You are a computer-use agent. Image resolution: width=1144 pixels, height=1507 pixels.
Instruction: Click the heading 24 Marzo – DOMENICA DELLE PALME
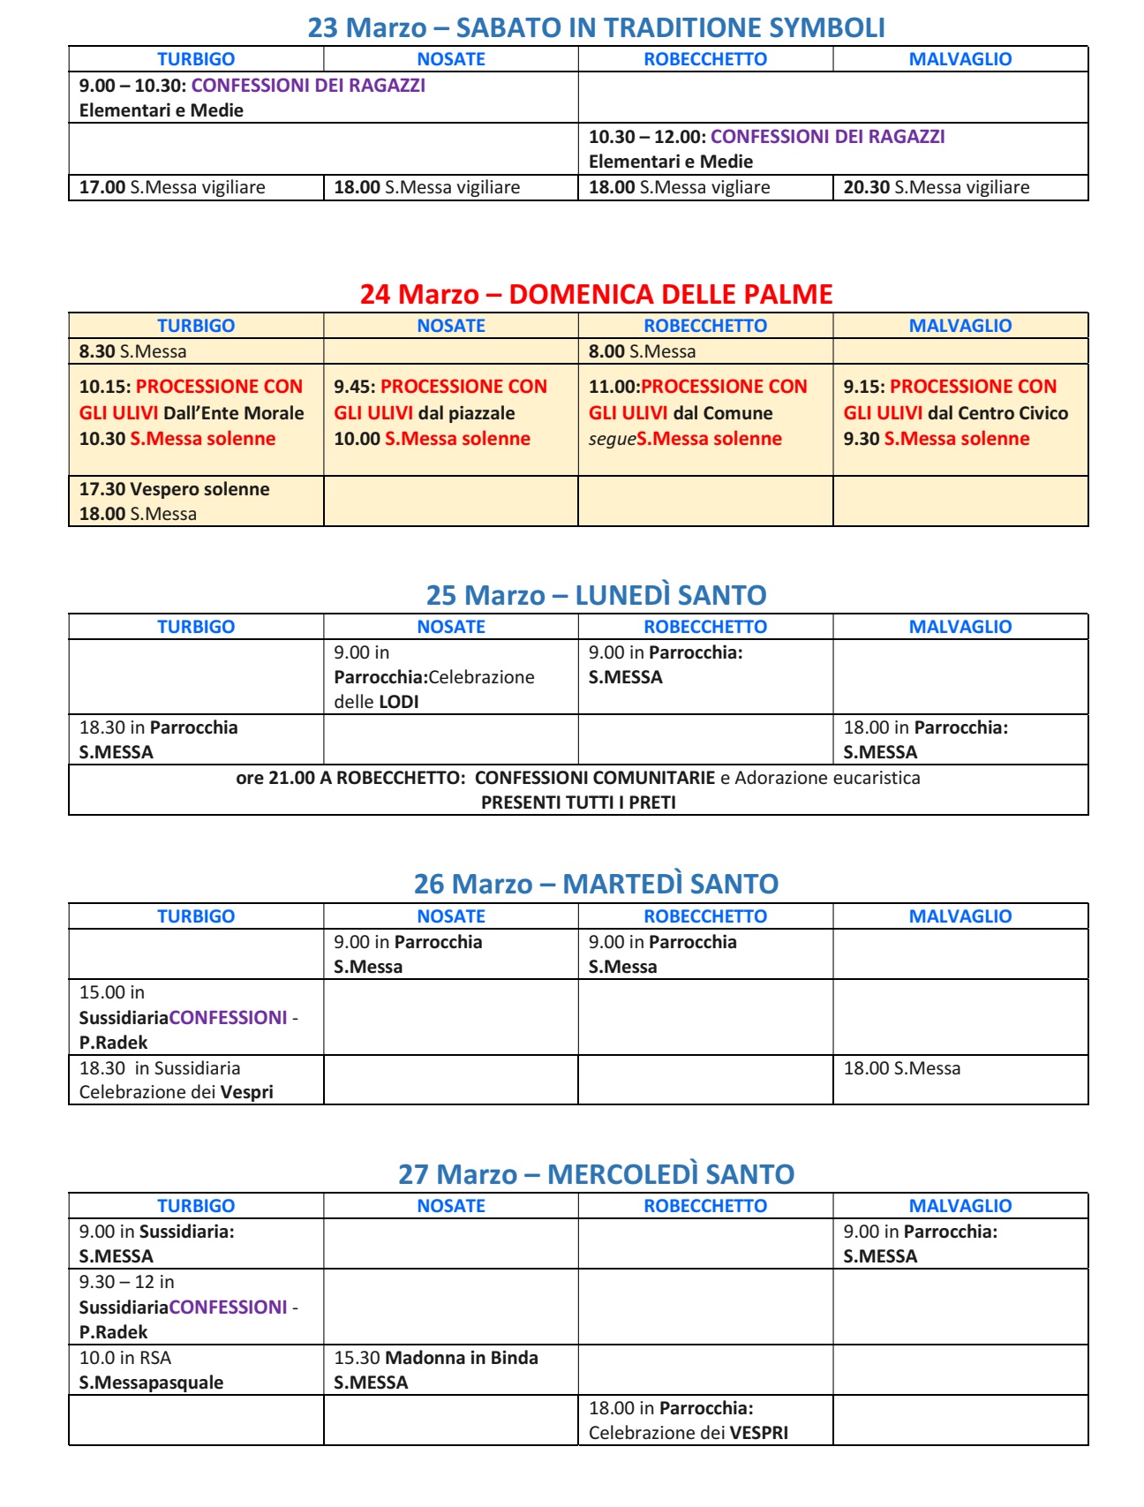pyautogui.click(x=596, y=294)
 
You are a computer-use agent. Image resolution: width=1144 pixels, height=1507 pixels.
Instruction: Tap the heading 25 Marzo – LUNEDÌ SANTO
pyautogui.click(x=596, y=595)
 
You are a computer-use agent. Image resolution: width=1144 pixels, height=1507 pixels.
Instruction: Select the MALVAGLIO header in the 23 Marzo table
pyautogui.click(x=960, y=59)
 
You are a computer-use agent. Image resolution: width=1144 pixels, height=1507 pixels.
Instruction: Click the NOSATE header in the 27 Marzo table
pyautogui.click(x=451, y=1206)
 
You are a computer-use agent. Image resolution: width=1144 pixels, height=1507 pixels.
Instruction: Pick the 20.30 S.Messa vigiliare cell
pyautogui.click(x=937, y=187)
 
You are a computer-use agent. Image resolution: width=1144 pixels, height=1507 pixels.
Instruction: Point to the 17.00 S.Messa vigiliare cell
pyautogui.click(x=172, y=187)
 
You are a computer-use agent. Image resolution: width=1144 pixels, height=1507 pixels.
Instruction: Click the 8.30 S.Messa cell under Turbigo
pyautogui.click(x=133, y=351)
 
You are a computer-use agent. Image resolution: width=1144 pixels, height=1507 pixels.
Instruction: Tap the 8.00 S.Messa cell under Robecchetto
pyautogui.click(x=643, y=351)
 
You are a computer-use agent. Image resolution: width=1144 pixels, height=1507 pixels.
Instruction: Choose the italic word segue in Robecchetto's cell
pyautogui.click(x=612, y=439)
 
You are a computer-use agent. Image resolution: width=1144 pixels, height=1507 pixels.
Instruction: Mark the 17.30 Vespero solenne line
pyautogui.click(x=175, y=489)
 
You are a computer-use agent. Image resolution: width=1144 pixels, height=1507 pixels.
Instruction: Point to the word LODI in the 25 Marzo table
pyautogui.click(x=399, y=702)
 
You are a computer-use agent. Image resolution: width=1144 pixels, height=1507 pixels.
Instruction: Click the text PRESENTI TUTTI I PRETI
pyautogui.click(x=578, y=802)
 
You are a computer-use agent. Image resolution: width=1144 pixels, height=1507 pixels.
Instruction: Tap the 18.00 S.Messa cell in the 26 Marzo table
pyautogui.click(x=902, y=1068)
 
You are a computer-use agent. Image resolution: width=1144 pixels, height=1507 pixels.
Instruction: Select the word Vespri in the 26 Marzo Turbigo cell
pyautogui.click(x=247, y=1092)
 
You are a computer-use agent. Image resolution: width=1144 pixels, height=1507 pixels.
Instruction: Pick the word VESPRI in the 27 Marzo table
pyautogui.click(x=760, y=1433)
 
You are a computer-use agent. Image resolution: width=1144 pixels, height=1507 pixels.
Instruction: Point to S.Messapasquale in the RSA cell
pyautogui.click(x=151, y=1383)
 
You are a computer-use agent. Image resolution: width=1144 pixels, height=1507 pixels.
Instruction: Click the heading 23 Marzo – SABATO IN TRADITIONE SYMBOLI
pyautogui.click(x=596, y=28)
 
